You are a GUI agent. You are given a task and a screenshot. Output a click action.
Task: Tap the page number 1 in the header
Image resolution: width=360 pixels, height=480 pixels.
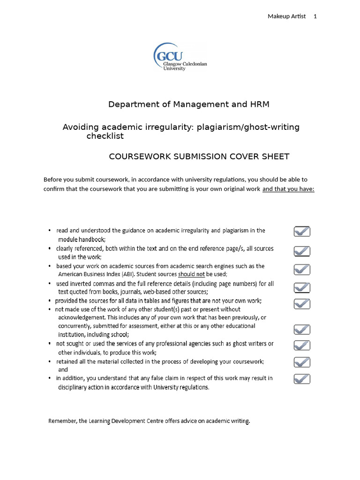tap(315, 16)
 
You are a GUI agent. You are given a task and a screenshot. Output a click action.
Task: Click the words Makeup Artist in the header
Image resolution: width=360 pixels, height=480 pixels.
tap(286, 16)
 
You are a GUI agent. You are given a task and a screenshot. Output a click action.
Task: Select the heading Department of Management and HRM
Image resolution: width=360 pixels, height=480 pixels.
tap(189, 104)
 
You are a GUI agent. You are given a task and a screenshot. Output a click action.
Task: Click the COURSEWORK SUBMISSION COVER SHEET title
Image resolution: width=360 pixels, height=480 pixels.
tap(199, 157)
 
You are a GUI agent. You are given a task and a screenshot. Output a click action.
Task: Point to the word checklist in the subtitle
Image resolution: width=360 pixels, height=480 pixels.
tap(105, 136)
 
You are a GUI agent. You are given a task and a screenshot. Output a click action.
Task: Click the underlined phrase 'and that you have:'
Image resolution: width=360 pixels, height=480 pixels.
tap(288, 189)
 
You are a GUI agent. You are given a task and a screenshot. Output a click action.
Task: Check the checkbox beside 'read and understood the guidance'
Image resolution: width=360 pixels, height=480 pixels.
tap(302, 232)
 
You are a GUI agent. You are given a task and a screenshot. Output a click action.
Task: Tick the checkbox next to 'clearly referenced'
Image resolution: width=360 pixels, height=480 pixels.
tap(302, 251)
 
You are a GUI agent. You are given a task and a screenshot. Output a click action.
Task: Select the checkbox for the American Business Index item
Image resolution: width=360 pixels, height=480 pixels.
tap(302, 270)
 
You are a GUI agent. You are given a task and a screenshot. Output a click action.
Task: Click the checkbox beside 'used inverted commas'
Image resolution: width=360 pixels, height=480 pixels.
tap(302, 287)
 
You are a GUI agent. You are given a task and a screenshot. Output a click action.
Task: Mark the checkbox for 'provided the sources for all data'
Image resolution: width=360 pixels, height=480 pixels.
tap(302, 304)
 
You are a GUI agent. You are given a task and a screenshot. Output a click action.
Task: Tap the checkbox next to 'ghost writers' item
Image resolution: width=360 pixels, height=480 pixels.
tap(302, 345)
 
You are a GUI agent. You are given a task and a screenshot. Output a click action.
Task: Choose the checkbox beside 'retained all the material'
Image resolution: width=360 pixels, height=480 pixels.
tap(302, 362)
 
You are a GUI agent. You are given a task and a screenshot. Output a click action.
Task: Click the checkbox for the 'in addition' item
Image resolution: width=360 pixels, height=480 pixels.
tap(302, 378)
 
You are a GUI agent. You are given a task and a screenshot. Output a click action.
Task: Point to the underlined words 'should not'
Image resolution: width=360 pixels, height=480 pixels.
tap(191, 274)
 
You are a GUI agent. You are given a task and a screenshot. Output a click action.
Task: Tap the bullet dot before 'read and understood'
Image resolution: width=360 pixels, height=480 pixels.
tap(50, 231)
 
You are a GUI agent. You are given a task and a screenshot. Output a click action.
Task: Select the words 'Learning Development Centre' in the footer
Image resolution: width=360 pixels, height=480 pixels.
tap(123, 421)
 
